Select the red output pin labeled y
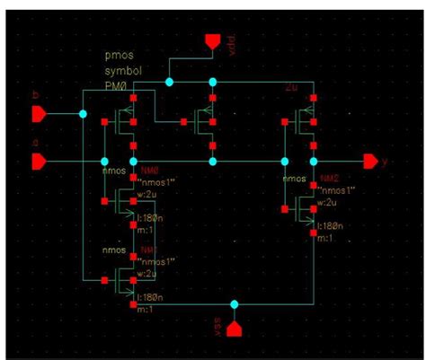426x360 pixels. tap(369, 162)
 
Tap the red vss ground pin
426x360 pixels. tap(235, 329)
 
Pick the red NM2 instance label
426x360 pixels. tap(330, 178)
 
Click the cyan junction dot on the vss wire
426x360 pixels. tap(235, 303)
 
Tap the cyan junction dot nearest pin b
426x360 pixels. tap(83, 114)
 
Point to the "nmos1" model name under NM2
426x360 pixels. tap(339, 190)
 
